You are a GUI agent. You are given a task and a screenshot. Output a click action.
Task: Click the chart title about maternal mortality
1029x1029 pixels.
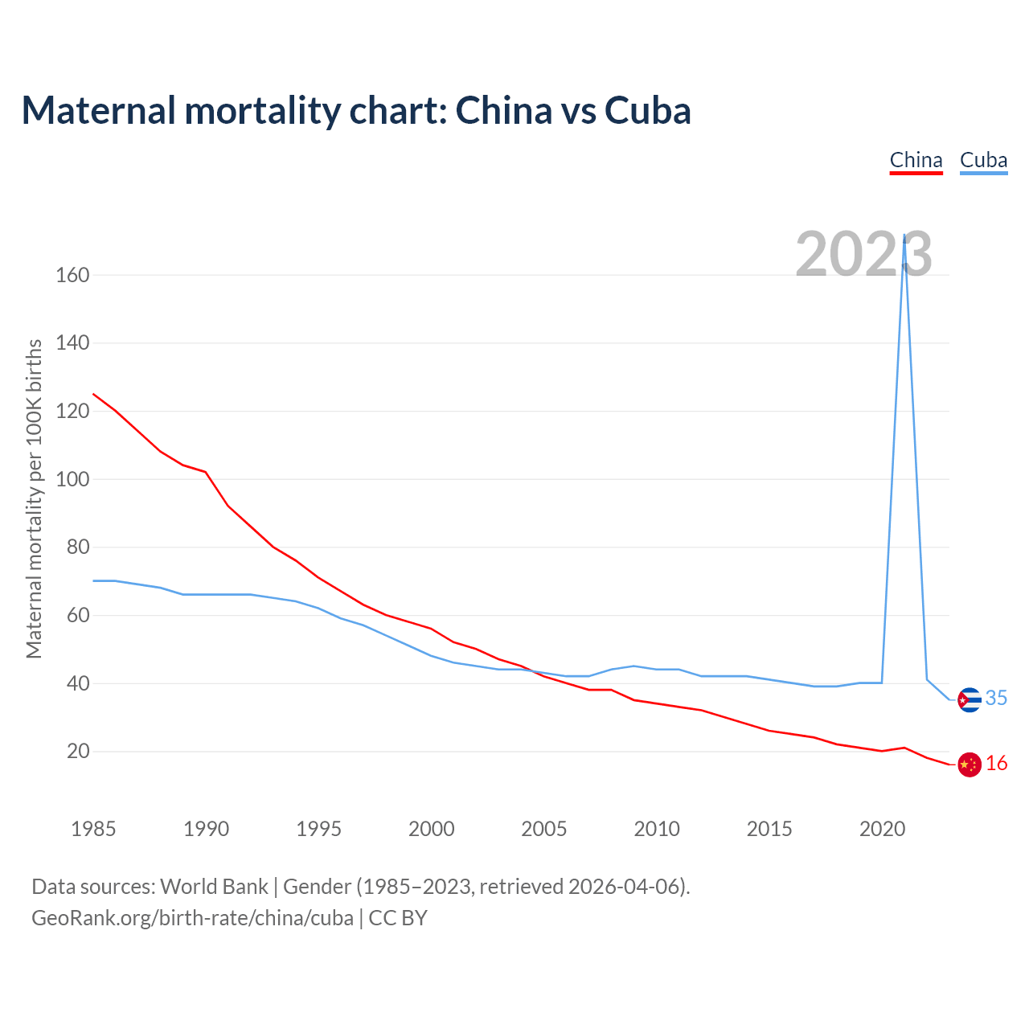pos(356,110)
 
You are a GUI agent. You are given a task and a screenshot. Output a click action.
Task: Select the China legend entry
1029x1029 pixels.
pos(916,160)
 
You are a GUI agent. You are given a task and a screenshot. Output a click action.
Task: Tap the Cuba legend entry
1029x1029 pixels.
pos(983,160)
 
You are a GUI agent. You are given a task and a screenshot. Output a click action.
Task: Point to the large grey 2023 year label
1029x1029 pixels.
pos(863,254)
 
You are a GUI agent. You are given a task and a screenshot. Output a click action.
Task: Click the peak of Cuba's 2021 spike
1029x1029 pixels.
pos(905,236)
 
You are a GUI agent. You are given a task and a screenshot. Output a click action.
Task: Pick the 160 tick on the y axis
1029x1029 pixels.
pos(72,275)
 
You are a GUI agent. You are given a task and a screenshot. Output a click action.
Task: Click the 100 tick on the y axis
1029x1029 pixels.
pos(72,479)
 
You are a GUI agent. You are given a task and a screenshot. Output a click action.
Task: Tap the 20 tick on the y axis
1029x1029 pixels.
pos(78,752)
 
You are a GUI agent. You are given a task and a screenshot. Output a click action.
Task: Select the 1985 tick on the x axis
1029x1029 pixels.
pos(93,829)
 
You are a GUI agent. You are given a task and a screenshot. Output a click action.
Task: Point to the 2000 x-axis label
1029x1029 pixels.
pos(432,829)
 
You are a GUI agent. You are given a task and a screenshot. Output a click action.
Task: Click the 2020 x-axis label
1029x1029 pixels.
pos(883,829)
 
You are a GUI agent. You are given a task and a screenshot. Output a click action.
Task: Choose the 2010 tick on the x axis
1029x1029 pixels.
pos(657,829)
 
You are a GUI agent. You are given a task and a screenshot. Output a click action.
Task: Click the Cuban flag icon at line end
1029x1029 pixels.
pos(970,700)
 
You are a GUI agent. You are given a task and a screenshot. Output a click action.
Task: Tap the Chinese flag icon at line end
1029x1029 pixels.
pos(970,765)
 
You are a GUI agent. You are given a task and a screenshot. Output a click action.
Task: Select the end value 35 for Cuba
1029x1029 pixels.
pos(996,699)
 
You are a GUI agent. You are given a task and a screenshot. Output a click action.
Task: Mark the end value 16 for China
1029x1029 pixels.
pos(996,764)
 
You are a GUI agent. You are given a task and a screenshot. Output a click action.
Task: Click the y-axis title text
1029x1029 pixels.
pos(34,498)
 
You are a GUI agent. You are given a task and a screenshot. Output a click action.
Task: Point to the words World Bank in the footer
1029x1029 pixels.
pos(214,887)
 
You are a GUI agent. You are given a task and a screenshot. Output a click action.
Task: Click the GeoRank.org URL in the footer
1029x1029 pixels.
pos(192,918)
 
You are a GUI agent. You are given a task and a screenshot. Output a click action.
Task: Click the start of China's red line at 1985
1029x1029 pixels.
pos(94,394)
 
